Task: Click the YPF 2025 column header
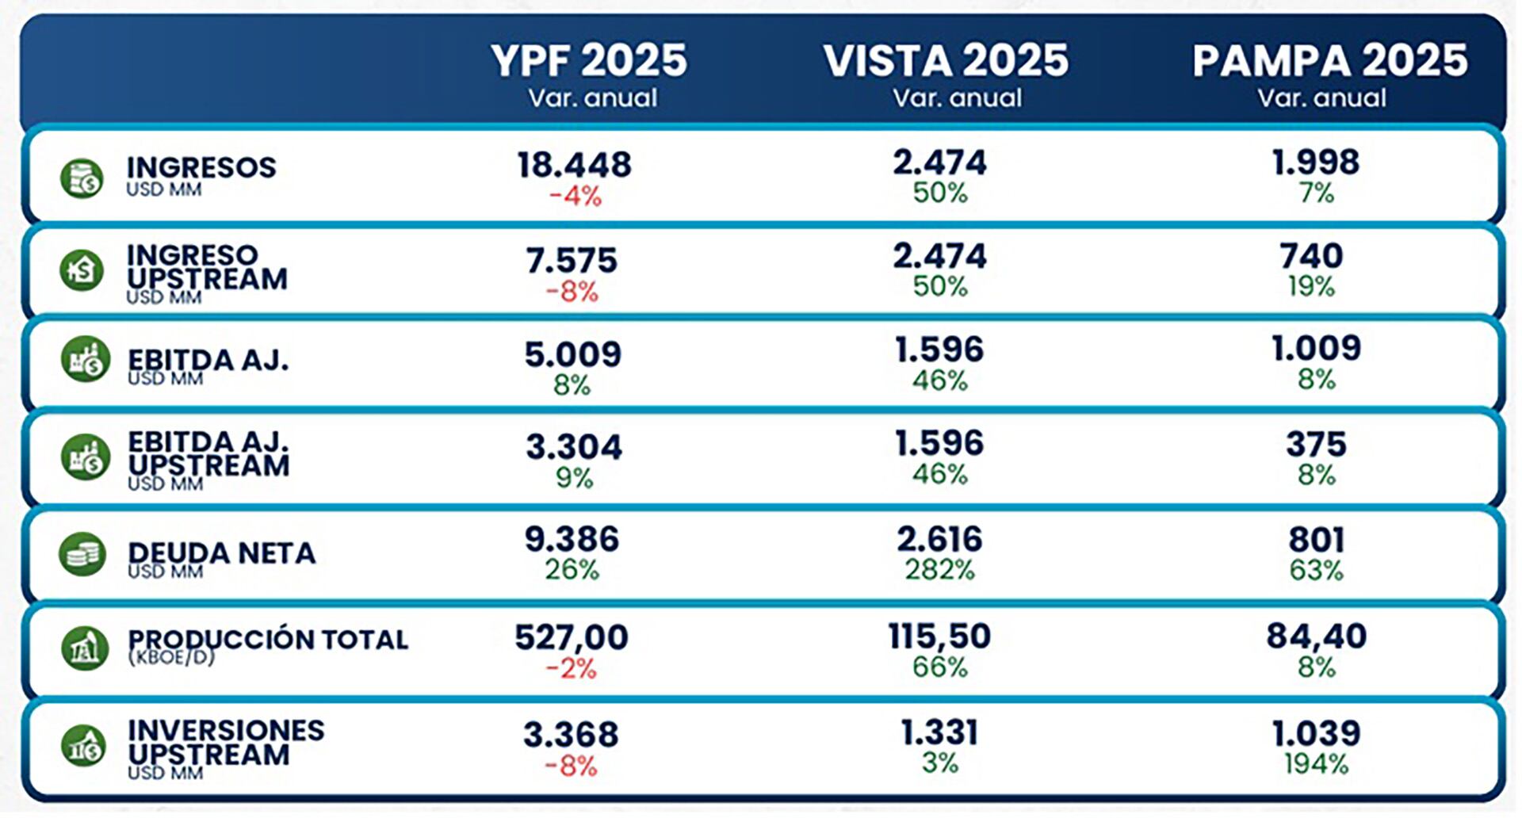click(589, 62)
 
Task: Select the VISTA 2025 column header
click(946, 62)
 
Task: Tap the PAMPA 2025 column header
click(1329, 62)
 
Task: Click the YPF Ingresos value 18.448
click(575, 165)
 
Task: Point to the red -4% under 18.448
click(575, 196)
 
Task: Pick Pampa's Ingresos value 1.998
click(1316, 162)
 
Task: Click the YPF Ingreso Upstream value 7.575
click(572, 261)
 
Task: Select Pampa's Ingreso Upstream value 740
click(1312, 256)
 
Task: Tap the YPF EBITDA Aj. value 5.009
click(572, 355)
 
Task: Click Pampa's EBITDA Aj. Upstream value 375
click(1316, 445)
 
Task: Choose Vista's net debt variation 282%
click(940, 570)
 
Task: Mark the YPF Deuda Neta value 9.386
click(572, 540)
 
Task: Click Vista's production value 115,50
click(939, 636)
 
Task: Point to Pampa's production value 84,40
click(1316, 636)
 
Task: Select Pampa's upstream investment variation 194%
click(1316, 764)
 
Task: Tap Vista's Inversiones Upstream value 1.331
click(939, 733)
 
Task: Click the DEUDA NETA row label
click(221, 553)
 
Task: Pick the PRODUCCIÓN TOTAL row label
click(268, 640)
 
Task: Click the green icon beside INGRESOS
click(82, 178)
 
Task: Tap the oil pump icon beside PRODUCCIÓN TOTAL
click(84, 648)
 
